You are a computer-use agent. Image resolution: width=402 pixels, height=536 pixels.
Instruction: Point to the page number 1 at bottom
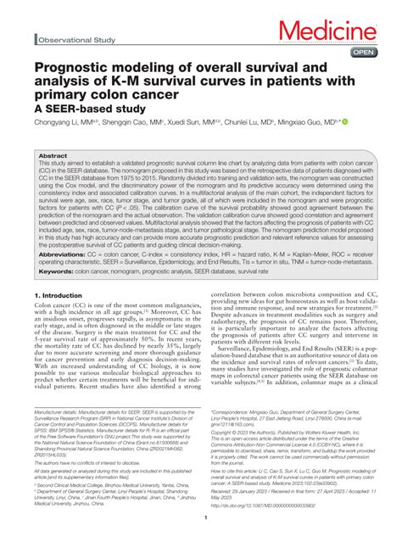(x=201, y=519)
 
